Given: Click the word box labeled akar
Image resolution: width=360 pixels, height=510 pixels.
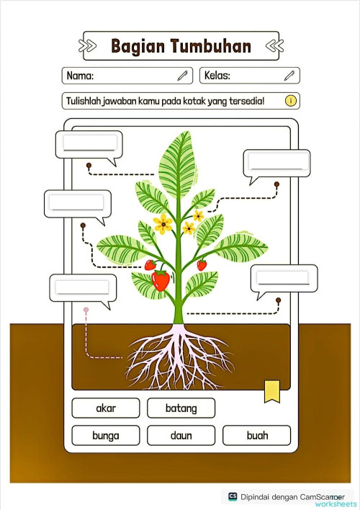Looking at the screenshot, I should pyautogui.click(x=106, y=408).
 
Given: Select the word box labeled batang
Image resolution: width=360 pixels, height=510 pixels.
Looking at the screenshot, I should pyautogui.click(x=181, y=408).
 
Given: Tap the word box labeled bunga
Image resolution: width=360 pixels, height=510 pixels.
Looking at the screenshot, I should pyautogui.click(x=106, y=436).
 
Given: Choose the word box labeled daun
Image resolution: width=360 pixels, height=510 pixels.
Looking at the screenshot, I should pyautogui.click(x=181, y=436).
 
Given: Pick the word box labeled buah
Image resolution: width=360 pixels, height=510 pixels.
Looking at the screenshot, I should pyautogui.click(x=257, y=436).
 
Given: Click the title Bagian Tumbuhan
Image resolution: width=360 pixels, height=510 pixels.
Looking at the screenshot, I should pyautogui.click(x=181, y=47).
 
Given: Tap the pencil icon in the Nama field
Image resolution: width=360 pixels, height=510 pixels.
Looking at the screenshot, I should pyautogui.click(x=183, y=75).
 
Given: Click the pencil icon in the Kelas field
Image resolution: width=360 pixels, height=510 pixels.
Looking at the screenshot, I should pyautogui.click(x=289, y=75).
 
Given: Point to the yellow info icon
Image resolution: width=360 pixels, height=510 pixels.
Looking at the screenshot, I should pyautogui.click(x=290, y=101).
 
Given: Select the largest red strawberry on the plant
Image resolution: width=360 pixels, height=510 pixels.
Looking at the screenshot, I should pyautogui.click(x=161, y=279).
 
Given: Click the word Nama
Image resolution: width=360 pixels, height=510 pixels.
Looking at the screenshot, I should pyautogui.click(x=80, y=76).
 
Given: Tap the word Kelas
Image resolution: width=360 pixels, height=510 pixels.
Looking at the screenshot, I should pyautogui.click(x=222, y=76).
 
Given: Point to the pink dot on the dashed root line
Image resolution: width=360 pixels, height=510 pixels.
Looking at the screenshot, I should pyautogui.click(x=86, y=310).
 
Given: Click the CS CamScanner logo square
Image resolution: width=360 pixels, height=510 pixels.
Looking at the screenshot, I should pyautogui.click(x=233, y=496).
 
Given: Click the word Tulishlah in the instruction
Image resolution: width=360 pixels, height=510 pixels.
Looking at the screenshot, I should pyautogui.click(x=86, y=101).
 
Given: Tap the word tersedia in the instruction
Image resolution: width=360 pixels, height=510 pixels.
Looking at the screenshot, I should pyautogui.click(x=247, y=101).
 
